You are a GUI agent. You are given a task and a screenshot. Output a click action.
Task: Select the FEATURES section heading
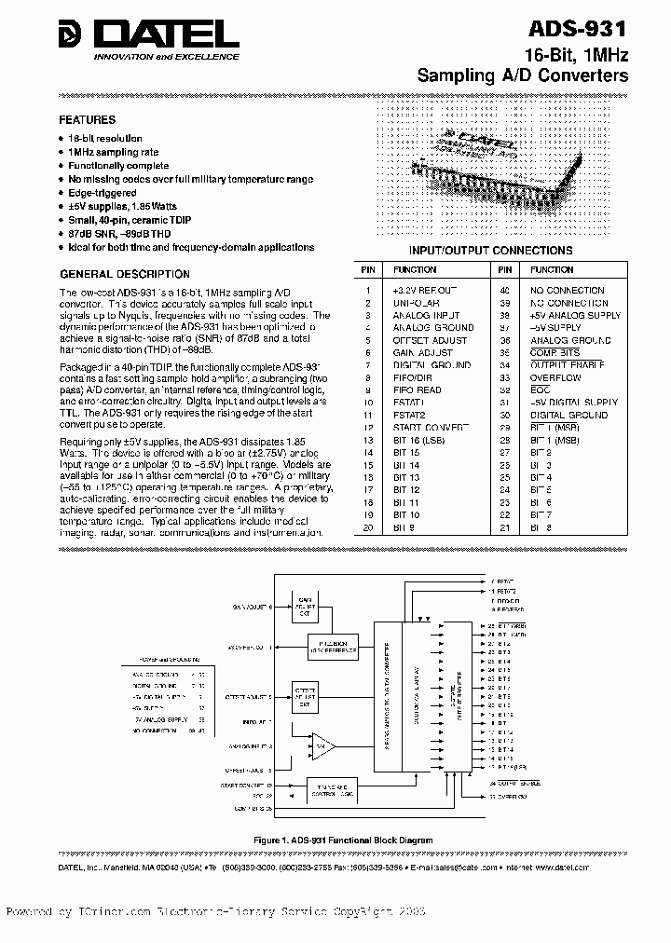click(88, 120)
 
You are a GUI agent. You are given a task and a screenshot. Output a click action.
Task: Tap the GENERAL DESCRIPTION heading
click(125, 274)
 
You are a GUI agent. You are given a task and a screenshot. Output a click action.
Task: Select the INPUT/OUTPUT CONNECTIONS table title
click(491, 251)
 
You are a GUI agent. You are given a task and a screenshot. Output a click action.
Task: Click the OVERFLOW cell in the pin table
click(555, 378)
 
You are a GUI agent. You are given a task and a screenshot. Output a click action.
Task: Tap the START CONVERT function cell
click(424, 428)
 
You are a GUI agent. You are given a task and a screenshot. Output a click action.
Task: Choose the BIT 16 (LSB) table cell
click(418, 440)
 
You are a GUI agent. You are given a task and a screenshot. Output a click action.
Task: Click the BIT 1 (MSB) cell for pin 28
click(555, 428)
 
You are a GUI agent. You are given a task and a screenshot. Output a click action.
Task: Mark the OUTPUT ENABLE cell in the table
click(561, 365)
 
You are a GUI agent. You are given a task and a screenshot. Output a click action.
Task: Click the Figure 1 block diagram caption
click(344, 840)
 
